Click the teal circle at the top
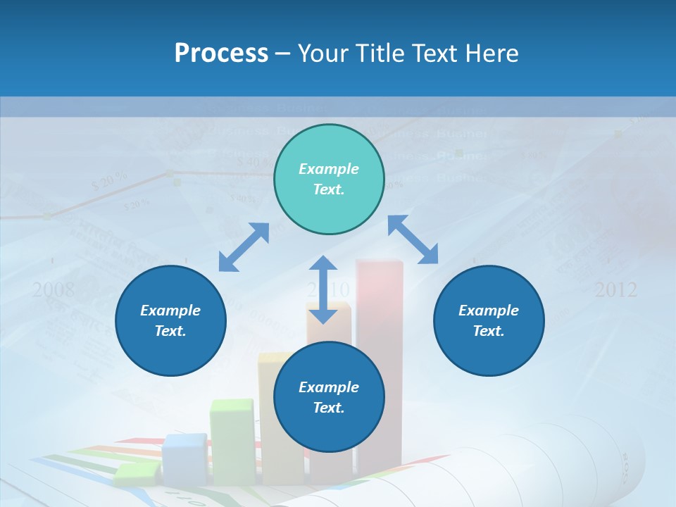pyautogui.click(x=329, y=180)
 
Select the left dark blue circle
pyautogui.click(x=170, y=320)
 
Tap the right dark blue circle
pyautogui.click(x=489, y=320)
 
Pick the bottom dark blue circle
pyautogui.click(x=329, y=397)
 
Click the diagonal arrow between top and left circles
pyautogui.click(x=244, y=248)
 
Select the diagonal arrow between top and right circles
pyautogui.click(x=413, y=239)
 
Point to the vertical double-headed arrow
pyautogui.click(x=323, y=289)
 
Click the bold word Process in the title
pyautogui.click(x=221, y=53)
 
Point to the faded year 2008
pyautogui.click(x=54, y=289)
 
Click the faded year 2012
pyautogui.click(x=615, y=289)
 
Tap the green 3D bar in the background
pyautogui.click(x=232, y=440)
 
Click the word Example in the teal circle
pyautogui.click(x=329, y=169)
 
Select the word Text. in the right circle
pyautogui.click(x=489, y=331)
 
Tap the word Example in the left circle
pyautogui.click(x=170, y=311)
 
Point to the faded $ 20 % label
pyautogui.click(x=109, y=182)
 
